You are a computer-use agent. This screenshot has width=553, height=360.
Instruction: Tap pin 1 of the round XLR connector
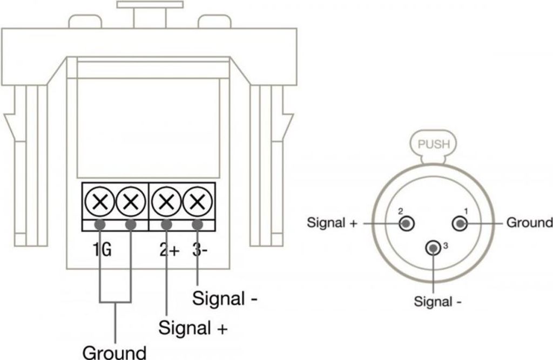coord(460,222)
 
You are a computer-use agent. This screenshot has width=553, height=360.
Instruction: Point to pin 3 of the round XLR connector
coord(433,248)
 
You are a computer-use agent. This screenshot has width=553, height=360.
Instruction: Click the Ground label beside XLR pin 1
coord(529,222)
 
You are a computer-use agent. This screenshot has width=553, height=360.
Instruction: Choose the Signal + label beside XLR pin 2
coord(332,222)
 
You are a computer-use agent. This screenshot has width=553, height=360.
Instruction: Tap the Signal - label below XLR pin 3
coord(437,301)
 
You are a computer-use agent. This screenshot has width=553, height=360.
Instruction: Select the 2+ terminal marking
coord(168,250)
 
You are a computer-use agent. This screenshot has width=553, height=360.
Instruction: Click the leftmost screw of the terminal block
coord(100,202)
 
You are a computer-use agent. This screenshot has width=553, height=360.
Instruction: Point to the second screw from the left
coord(130,202)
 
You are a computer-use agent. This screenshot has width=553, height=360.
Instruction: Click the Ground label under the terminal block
coord(114,352)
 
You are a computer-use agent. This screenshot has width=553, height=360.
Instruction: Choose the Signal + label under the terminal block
coord(193,327)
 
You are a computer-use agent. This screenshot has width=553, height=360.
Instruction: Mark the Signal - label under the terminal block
coord(225,298)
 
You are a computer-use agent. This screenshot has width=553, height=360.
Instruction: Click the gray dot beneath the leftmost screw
coord(100,225)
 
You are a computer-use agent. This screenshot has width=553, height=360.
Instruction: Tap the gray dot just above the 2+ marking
coord(166,225)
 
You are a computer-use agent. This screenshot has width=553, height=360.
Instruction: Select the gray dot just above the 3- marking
coord(198,225)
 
